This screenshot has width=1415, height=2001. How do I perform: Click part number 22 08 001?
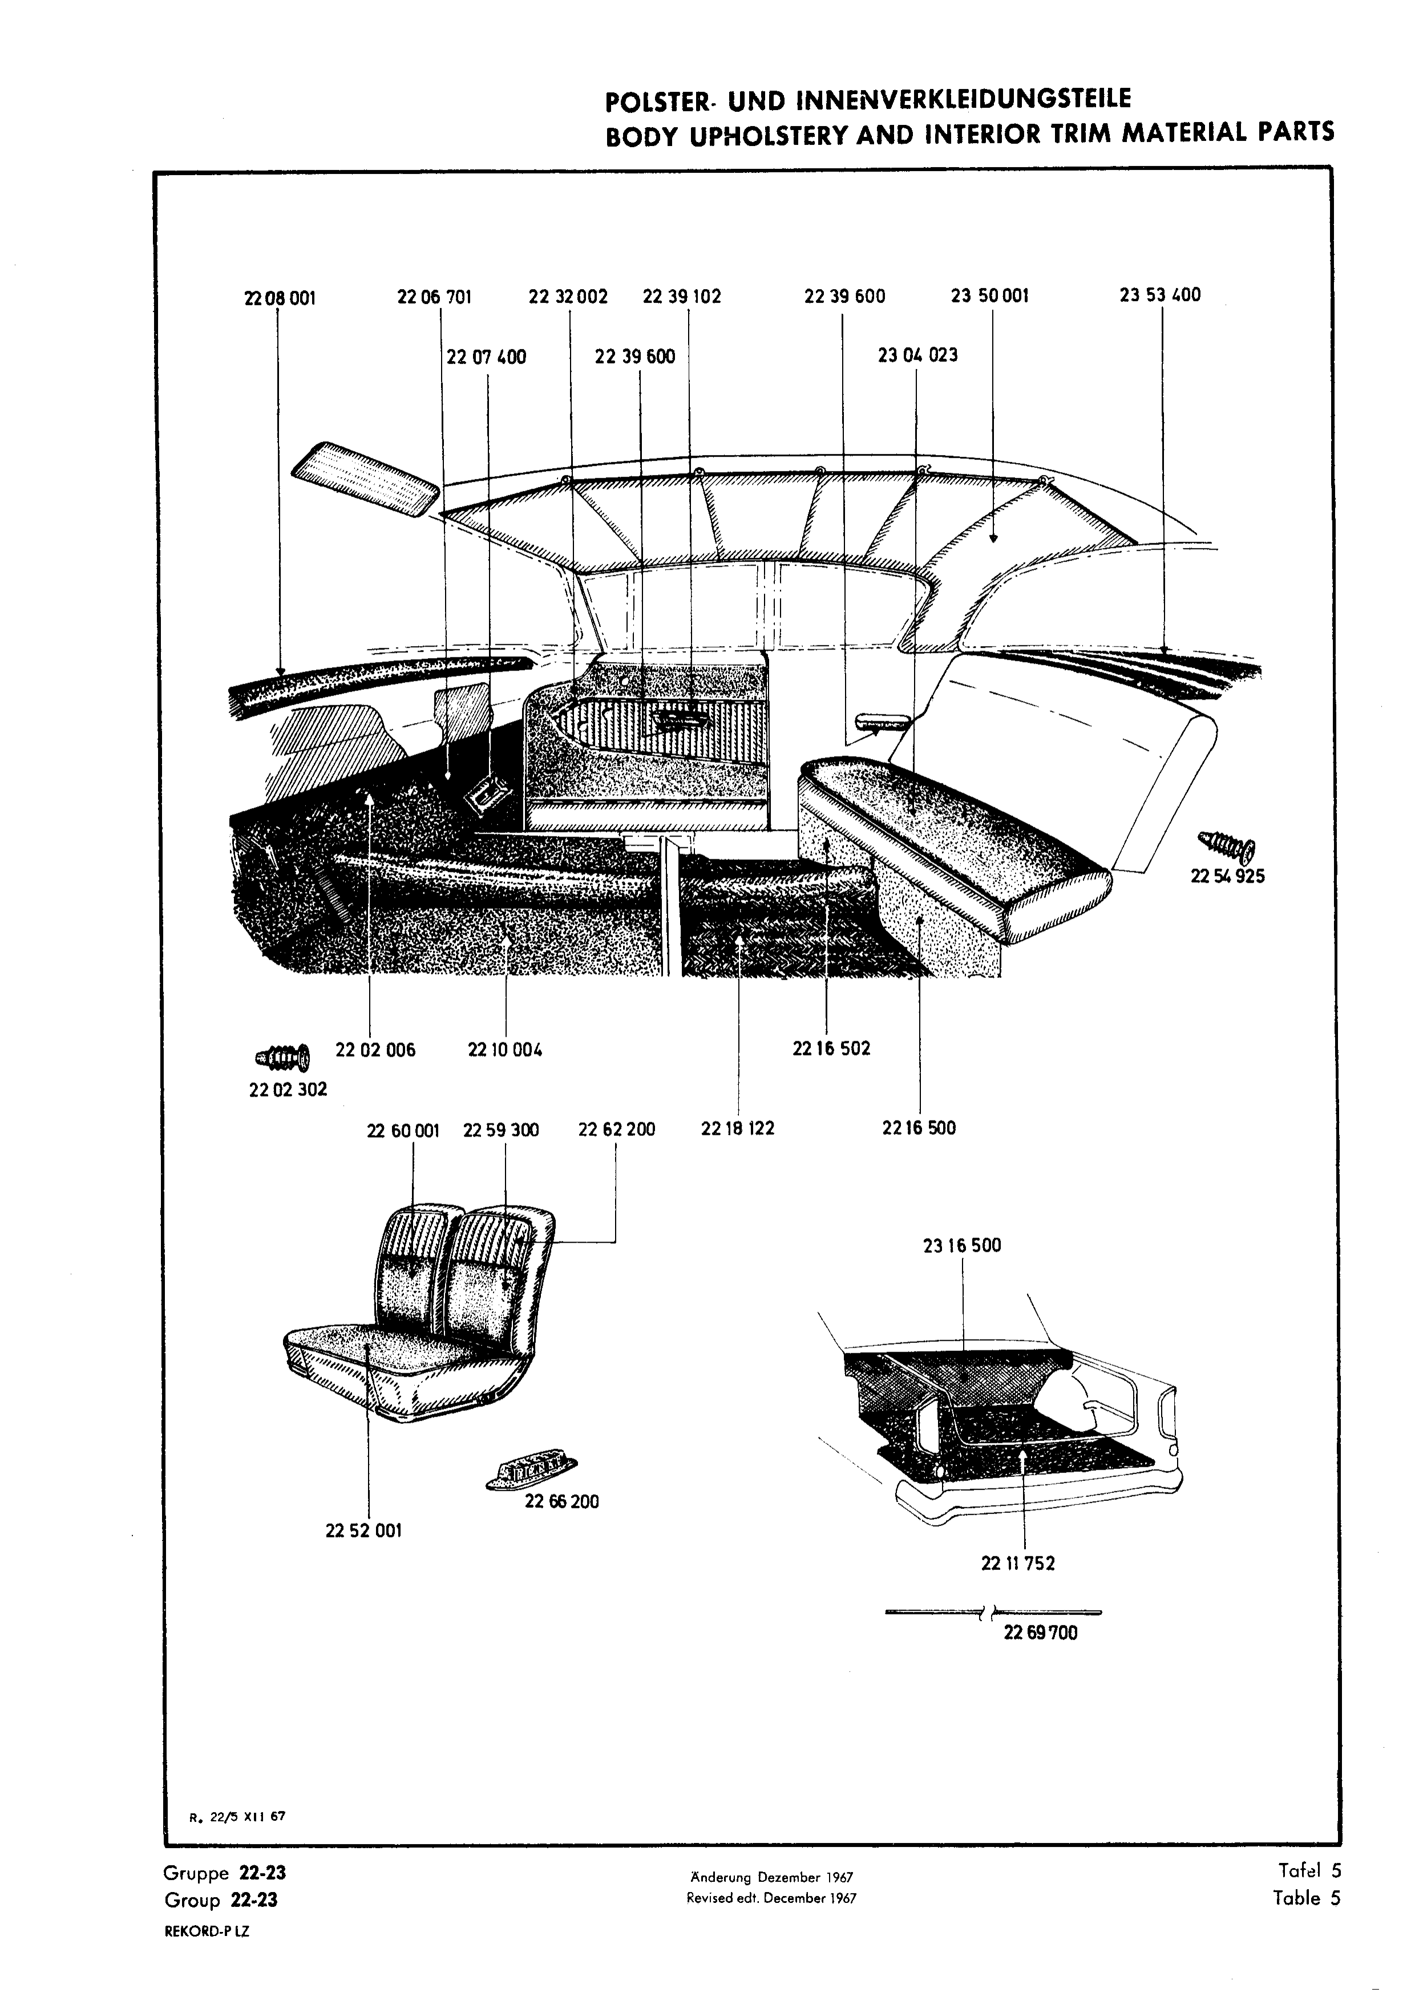coord(280,298)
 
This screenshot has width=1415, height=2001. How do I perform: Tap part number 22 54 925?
coord(1227,876)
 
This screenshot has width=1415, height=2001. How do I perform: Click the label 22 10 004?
coord(505,1050)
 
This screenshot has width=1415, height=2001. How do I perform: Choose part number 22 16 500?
coord(919,1128)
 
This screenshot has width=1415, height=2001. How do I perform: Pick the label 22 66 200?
coord(561,1501)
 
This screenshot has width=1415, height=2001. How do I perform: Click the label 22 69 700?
coord(1040,1633)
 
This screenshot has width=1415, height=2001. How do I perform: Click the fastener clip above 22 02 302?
coord(282,1057)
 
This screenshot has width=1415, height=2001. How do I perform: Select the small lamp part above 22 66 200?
coord(532,1473)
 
